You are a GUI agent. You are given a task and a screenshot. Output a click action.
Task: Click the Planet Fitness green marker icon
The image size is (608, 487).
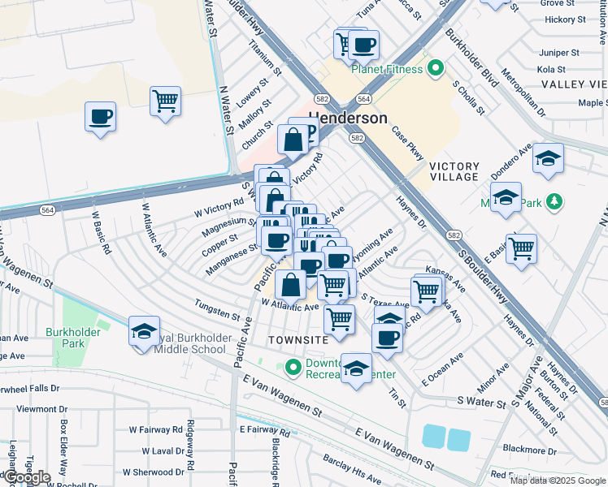[436, 69]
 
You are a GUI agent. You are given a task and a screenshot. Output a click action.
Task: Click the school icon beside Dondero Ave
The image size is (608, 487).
[549, 158]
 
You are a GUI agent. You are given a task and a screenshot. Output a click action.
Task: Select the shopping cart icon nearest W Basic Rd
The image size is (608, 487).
[165, 101]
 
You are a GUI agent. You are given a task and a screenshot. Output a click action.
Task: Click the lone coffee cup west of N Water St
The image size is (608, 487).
[101, 117]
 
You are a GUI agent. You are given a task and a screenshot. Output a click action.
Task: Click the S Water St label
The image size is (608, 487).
[481, 400]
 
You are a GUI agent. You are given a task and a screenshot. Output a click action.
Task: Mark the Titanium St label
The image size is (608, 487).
[265, 58]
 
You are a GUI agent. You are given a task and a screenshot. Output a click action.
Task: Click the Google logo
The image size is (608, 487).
[26, 477]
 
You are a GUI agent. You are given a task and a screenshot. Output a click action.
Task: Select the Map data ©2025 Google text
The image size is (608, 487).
[558, 481]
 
